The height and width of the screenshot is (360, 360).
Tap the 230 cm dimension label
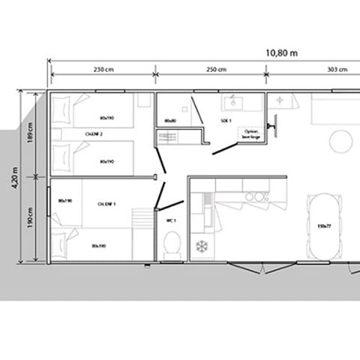pos(103,70)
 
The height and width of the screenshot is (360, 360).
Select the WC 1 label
pos(169,222)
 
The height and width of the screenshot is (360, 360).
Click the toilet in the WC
pos(172,244)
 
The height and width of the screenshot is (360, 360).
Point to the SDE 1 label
pos(225,121)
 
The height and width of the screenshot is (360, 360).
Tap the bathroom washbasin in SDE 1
pos(231,100)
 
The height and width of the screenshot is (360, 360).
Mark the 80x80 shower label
pos(169,119)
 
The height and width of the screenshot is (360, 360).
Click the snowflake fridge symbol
pos(201,247)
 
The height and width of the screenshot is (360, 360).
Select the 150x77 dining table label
pos(324,225)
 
